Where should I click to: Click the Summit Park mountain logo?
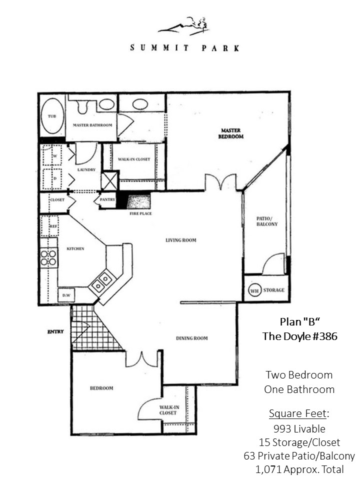[183, 25]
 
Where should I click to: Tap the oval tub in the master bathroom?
[52, 115]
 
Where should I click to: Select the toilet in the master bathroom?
[82, 106]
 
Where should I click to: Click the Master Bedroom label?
[231, 133]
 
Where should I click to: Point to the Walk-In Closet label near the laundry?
[134, 159]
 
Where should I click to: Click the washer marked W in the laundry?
[52, 155]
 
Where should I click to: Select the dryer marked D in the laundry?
[52, 178]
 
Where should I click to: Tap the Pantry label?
[107, 199]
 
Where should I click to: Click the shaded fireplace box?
[138, 201]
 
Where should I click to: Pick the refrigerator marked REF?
[49, 226]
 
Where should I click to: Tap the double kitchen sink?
[102, 282]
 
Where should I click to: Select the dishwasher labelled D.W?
[66, 295]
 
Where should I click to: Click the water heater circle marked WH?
[254, 290]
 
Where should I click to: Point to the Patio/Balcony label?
[267, 221]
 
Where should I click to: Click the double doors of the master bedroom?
[220, 182]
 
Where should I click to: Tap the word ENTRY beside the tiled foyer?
[55, 331]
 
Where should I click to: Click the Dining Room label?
[192, 338]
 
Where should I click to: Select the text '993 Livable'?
[299, 429]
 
